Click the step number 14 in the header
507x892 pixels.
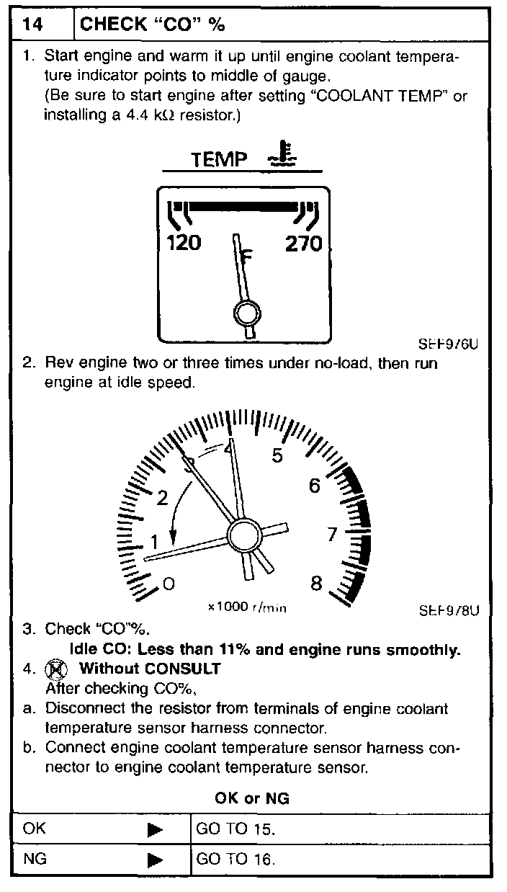coord(32,24)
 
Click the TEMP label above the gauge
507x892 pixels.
coord(219,159)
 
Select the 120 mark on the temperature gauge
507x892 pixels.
coord(184,244)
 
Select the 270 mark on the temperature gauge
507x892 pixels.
coord(303,244)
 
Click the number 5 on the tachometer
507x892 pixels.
coord(277,455)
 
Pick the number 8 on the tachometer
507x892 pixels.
coord(315,583)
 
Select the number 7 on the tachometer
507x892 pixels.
coord(332,535)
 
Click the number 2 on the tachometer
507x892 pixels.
coord(162,497)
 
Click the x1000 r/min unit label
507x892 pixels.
coord(247,607)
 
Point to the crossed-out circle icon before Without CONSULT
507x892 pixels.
coord(53,669)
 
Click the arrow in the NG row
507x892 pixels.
coord(155,860)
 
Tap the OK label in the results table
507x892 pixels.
coord(34,829)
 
